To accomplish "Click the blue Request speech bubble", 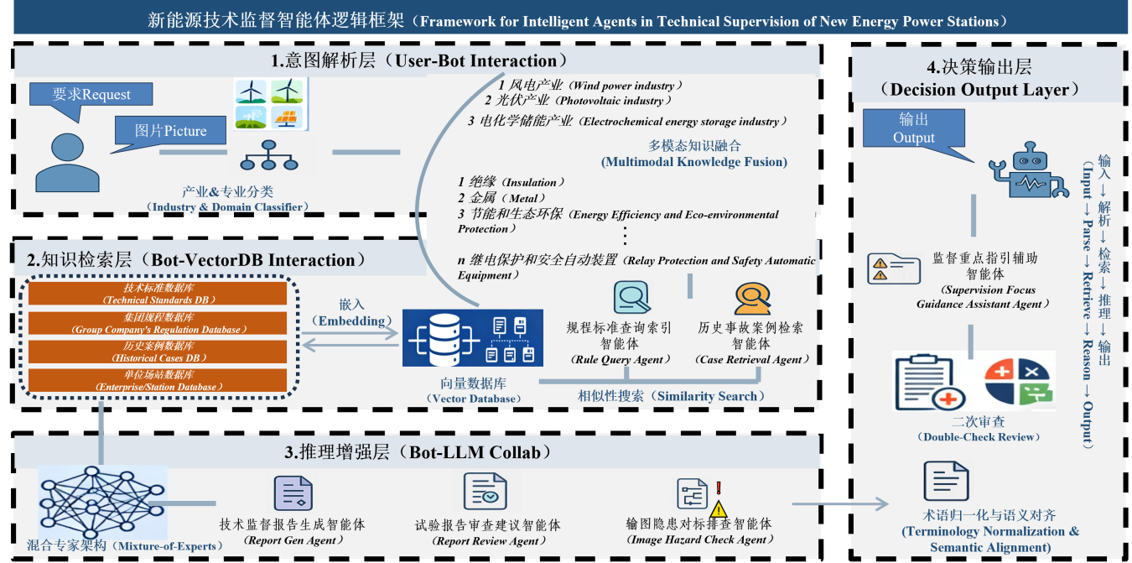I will (91, 94).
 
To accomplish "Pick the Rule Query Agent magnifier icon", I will (630, 298).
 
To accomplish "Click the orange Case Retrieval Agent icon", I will (751, 298).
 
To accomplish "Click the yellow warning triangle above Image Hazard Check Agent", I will (719, 508).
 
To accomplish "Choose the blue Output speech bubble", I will (914, 130).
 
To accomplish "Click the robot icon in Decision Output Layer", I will (1027, 168).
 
